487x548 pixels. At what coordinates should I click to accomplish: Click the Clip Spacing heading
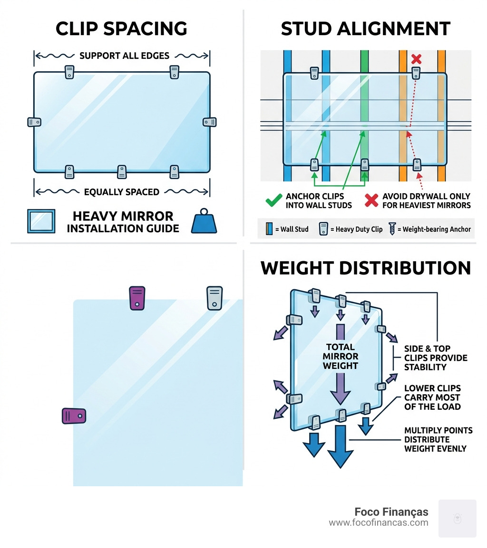121,29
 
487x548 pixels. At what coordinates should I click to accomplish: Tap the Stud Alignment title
365,29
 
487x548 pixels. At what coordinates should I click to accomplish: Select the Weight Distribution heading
365,268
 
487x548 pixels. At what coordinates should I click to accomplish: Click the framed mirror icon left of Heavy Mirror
41,221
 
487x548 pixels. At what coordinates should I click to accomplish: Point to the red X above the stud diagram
416,59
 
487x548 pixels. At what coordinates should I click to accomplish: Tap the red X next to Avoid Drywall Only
371,201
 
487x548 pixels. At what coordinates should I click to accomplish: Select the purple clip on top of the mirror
136,298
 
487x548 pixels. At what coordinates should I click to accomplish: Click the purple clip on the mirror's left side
74,416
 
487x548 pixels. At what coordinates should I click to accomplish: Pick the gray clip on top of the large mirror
214,298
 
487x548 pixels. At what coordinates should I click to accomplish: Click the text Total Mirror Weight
341,356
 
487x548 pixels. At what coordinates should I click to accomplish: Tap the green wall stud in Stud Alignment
364,114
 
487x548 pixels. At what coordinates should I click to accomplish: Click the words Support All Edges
124,56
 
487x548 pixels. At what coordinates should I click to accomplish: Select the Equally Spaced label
121,192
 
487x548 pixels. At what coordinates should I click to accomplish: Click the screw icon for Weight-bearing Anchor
392,229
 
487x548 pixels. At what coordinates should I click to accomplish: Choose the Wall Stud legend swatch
270,229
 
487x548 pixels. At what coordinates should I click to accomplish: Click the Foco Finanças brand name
391,512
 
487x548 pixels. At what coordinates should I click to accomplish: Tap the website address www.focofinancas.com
378,523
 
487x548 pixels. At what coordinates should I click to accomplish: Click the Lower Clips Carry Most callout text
432,397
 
